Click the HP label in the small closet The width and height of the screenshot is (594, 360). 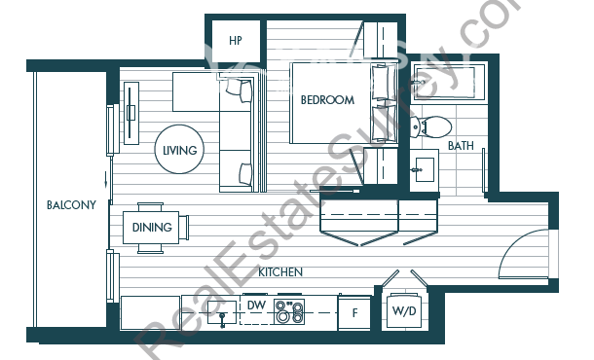[x=236, y=41]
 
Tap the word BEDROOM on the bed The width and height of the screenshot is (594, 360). [x=328, y=100]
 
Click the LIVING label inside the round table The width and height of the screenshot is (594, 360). [x=180, y=150]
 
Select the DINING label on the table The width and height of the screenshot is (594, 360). [x=152, y=227]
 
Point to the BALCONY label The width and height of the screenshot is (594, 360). [x=71, y=204]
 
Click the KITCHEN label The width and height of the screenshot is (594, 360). [x=280, y=271]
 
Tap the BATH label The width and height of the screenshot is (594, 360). [x=461, y=145]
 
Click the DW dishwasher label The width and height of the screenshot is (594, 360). [x=256, y=306]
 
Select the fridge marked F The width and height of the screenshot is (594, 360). [x=354, y=312]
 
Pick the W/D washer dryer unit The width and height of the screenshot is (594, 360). [x=404, y=310]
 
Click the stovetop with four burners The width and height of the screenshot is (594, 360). [x=289, y=312]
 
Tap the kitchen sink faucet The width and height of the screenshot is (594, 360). [x=222, y=319]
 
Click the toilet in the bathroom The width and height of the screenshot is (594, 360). [x=430, y=126]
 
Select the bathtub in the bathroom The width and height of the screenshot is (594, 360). [x=449, y=82]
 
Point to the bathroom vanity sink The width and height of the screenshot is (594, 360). [x=424, y=170]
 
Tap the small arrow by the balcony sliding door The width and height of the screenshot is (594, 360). [x=106, y=180]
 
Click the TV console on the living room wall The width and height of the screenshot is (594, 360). [x=131, y=113]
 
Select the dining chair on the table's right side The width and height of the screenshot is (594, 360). [x=184, y=227]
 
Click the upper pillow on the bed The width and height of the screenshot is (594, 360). [x=381, y=82]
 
